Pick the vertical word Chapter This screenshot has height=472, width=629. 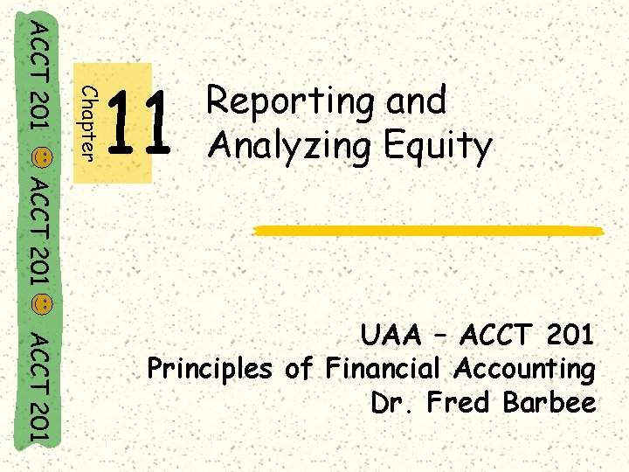(x=88, y=123)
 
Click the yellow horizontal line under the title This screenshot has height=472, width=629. (x=428, y=230)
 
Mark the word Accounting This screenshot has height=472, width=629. (x=523, y=369)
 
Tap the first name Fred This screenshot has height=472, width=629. (x=456, y=403)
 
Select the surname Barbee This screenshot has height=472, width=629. (x=550, y=403)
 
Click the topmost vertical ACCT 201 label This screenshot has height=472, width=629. (x=39, y=77)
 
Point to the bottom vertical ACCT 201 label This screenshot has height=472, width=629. (x=39, y=385)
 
